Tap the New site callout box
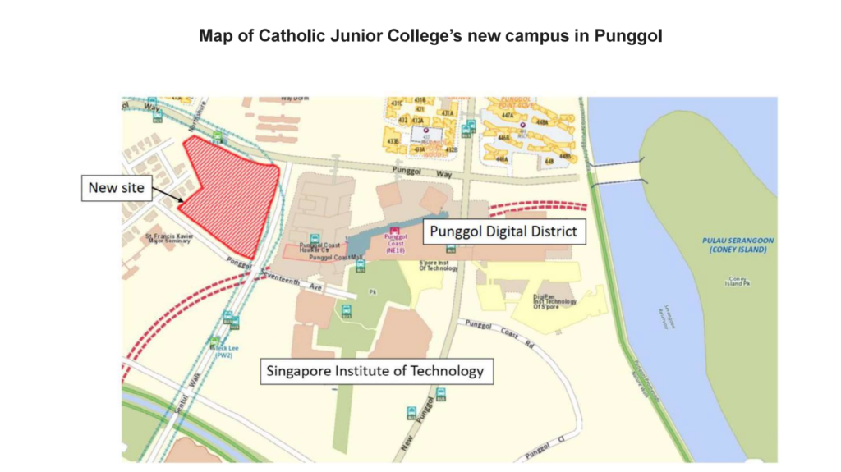pyautogui.click(x=116, y=188)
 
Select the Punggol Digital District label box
pyautogui.click(x=503, y=231)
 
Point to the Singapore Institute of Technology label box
pyautogui.click(x=375, y=371)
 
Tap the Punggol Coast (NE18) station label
pyautogui.click(x=396, y=245)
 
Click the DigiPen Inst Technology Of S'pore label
pyautogui.click(x=555, y=301)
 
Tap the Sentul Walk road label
pyautogui.click(x=194, y=386)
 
